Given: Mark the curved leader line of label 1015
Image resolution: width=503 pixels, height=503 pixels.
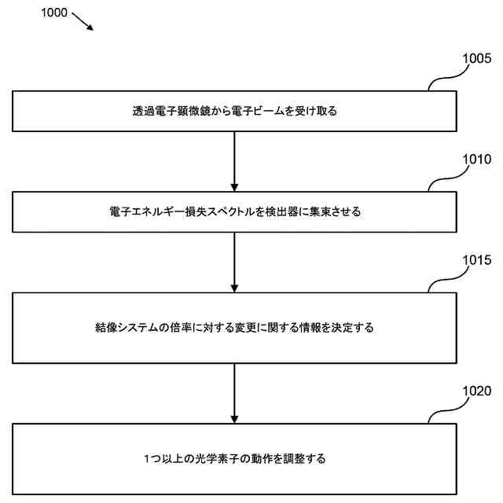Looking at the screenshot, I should (x=445, y=281).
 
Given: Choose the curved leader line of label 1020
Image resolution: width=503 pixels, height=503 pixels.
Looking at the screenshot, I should (x=445, y=411).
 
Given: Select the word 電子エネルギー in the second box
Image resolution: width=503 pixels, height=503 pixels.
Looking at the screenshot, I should (x=145, y=212).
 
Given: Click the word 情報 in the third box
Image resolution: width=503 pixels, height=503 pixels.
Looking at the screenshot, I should (x=296, y=327).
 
